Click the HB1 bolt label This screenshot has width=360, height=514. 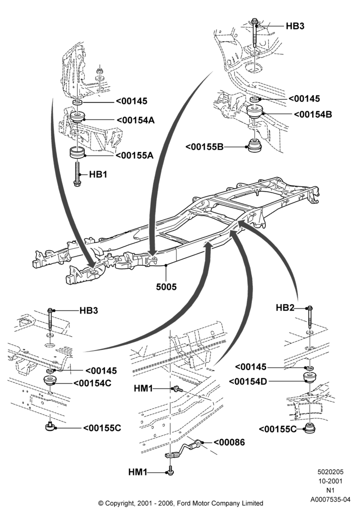pyautogui.click(x=98, y=174)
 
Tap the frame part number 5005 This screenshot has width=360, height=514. pyautogui.click(x=166, y=287)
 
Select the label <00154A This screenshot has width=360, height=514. pyautogui.click(x=135, y=120)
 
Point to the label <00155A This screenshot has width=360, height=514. pyautogui.click(x=134, y=155)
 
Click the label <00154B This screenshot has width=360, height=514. pyautogui.click(x=313, y=115)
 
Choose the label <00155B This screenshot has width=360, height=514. pyautogui.click(x=205, y=146)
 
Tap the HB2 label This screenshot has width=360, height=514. pyautogui.click(x=285, y=308)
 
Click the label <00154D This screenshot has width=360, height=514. pyautogui.click(x=248, y=381)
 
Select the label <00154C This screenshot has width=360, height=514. pyautogui.click(x=93, y=383)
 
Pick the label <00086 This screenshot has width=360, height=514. pyautogui.click(x=229, y=442)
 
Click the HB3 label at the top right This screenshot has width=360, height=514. pyautogui.click(x=295, y=26)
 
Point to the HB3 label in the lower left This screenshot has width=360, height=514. pyautogui.click(x=89, y=310)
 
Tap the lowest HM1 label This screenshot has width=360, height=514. pyautogui.click(x=138, y=472)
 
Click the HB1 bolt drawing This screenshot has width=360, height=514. pyautogui.click(x=77, y=174)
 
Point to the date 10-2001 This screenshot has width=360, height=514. pyautogui.click(x=330, y=481)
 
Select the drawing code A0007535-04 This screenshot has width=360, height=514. pyautogui.click(x=331, y=500)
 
